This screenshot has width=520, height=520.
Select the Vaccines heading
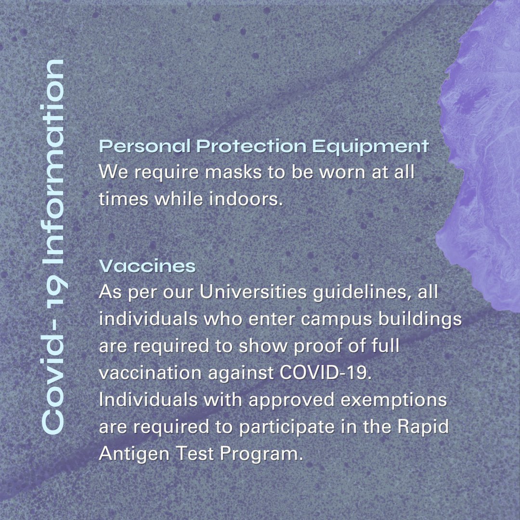(x=147, y=265)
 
